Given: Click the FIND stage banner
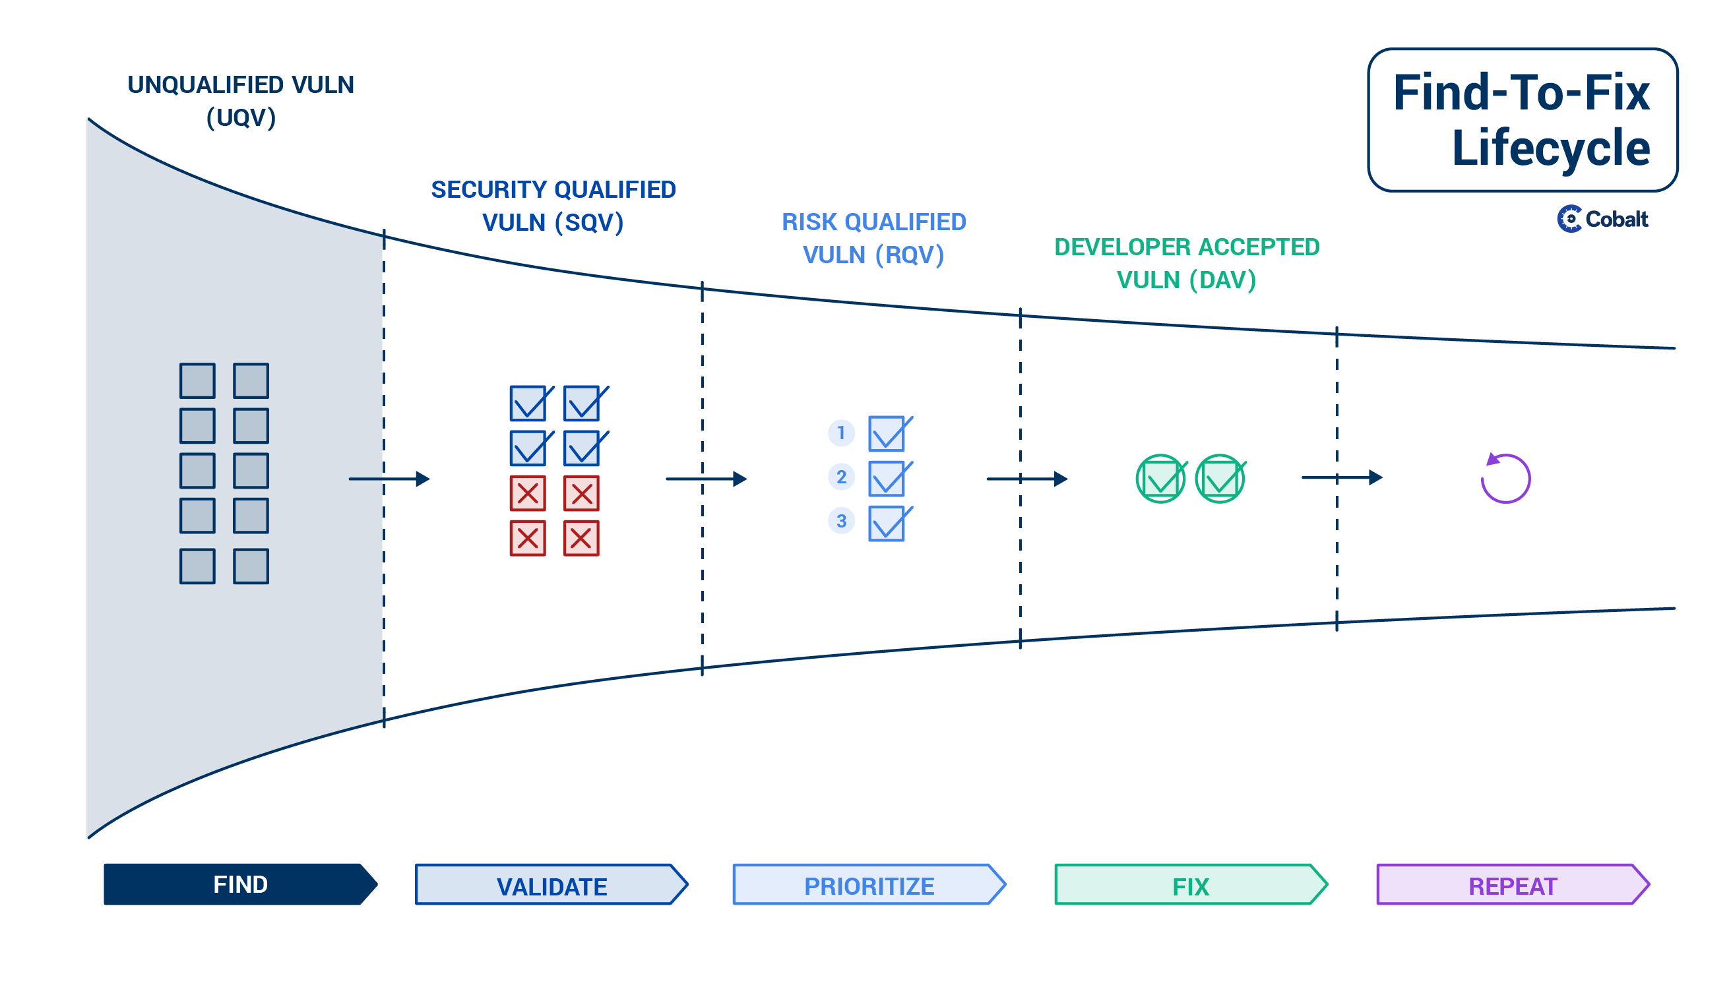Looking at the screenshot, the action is coord(241,884).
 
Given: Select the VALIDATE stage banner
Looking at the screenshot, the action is coord(551,884).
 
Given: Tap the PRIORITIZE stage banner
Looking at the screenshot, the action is coord(869,884).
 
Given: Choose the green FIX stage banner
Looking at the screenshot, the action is coord(1191,884).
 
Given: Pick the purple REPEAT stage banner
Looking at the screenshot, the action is coord(1513,884).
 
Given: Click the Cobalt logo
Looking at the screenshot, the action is coord(1602,219).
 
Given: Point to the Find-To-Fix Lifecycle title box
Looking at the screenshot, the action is coord(1523,119).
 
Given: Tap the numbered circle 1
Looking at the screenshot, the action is coord(842,433).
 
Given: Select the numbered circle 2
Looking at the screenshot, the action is coord(842,476).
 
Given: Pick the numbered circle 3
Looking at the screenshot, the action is coord(842,521).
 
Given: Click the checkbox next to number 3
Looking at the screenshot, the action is coord(889,524).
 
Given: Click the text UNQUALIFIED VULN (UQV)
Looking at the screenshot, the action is coord(241,101).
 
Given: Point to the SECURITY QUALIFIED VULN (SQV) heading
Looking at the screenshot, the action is coord(553,206).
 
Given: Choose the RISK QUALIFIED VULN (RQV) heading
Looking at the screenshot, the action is coord(873,238).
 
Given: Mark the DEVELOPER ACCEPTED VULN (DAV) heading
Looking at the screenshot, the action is coord(1187,263).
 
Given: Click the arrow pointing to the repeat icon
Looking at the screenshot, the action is coord(1342,477).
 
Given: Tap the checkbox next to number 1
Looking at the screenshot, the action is coord(889,434).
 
